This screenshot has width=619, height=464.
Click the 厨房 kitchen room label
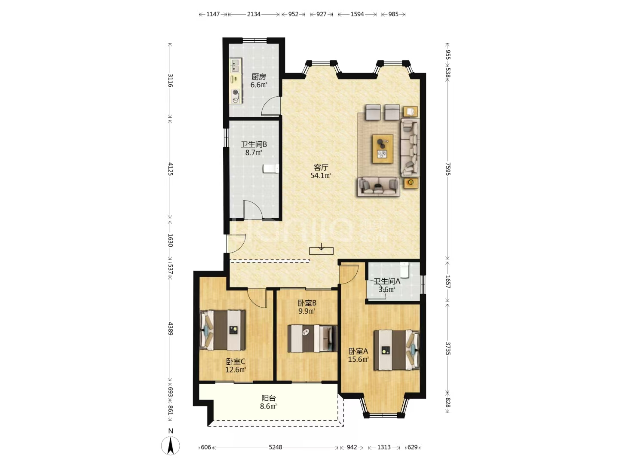pos(259,76)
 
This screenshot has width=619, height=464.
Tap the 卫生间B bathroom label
pos(254,144)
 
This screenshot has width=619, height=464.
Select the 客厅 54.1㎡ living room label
pos(321,171)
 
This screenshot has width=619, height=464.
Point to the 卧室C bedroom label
pos(236,361)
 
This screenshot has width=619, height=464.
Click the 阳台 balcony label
pos(268,398)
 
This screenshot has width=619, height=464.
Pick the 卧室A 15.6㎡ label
pos(358,355)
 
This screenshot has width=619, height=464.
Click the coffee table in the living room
pos(383,149)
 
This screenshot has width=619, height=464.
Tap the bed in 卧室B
pos(312,339)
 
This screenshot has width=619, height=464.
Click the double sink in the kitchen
pos(235,65)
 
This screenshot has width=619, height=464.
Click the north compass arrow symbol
pos(170,446)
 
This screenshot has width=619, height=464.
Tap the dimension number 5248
pos(275,447)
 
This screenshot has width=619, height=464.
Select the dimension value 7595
pos(448,169)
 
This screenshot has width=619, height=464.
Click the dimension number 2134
pos(254,14)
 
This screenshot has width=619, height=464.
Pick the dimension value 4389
pos(170,329)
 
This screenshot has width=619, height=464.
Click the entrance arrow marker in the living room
pos(321,249)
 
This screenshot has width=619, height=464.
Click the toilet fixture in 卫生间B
pos(271,168)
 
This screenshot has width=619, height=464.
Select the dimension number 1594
pos(357,14)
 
